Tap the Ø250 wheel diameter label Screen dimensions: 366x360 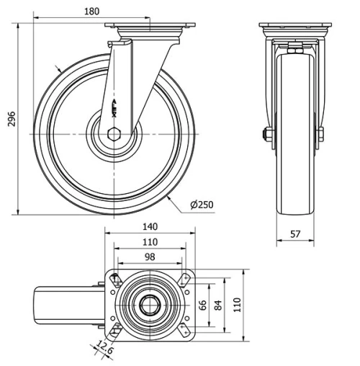[x=202, y=205]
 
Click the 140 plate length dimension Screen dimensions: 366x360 [x=150, y=226]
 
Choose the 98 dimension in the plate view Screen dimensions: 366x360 [x=150, y=257]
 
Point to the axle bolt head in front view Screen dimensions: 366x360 [x=267, y=135]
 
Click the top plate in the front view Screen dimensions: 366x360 [x=296, y=28]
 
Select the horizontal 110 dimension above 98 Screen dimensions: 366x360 [x=150, y=242]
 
